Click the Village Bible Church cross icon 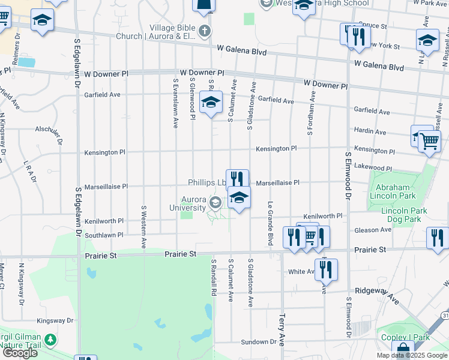[205, 31]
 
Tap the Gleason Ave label [373, 230]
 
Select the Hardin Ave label [370, 131]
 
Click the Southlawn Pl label [104, 235]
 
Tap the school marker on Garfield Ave [211, 103]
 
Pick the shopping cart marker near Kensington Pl [429, 141]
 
